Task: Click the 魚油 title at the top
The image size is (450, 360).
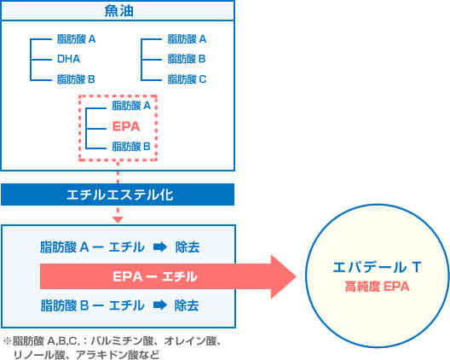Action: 118,11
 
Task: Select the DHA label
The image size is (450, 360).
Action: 68,59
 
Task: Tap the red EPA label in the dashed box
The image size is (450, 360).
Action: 126,126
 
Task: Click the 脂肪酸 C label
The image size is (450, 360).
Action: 187,79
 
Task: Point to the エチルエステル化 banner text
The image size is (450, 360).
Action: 120,195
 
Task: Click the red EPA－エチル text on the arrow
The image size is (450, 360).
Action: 155,276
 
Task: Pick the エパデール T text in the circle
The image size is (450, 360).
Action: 377,267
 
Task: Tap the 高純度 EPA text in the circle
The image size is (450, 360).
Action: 377,287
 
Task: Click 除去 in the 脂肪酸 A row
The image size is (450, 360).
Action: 187,247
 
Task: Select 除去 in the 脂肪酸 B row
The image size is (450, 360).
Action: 187,305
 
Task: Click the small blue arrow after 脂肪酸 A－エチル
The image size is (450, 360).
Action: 160,247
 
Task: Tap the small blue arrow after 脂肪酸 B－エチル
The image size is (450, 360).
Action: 160,305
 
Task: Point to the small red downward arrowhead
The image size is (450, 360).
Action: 118,220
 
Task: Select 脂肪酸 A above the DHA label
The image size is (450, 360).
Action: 77,38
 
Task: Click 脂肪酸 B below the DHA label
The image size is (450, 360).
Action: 76,79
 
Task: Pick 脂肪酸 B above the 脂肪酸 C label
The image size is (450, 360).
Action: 187,59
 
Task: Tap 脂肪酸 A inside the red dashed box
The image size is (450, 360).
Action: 131,106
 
